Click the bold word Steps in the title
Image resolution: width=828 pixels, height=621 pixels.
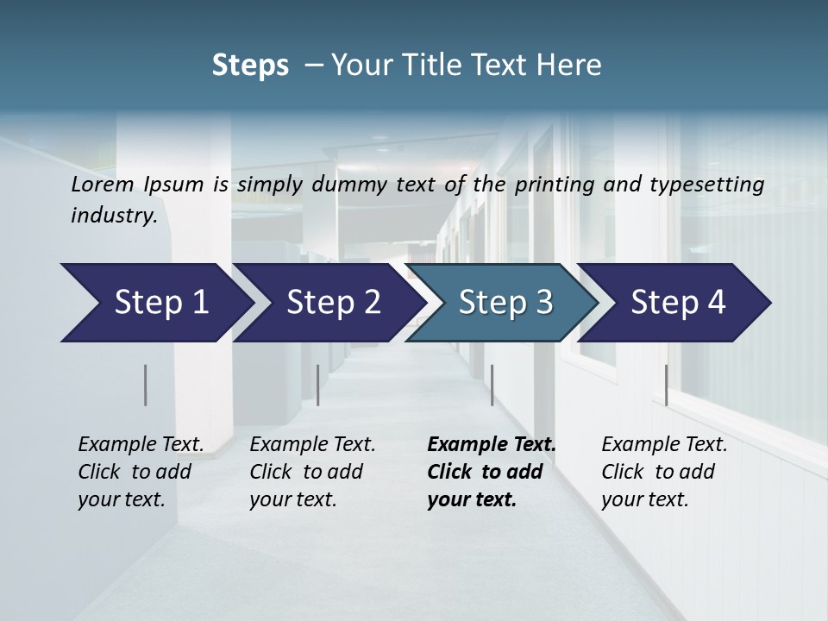pyautogui.click(x=250, y=66)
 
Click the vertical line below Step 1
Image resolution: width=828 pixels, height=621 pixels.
pyautogui.click(x=146, y=385)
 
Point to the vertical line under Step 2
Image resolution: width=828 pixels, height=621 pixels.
pyautogui.click(x=318, y=385)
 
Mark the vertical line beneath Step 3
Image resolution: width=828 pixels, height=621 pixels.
pyautogui.click(x=492, y=385)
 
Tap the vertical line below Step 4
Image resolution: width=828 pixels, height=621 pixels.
pyautogui.click(x=666, y=385)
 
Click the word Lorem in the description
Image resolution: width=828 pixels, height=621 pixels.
pyautogui.click(x=103, y=184)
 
